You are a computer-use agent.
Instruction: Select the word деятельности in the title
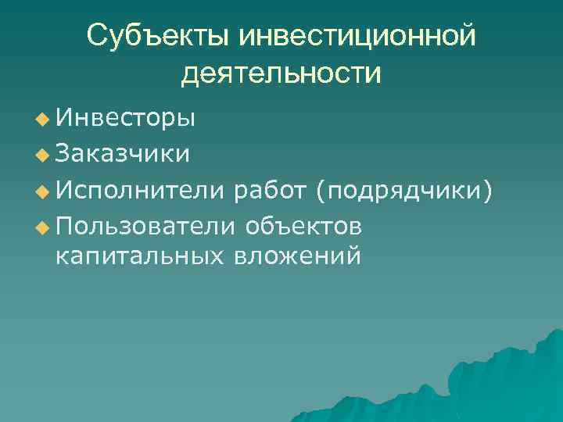click(281, 74)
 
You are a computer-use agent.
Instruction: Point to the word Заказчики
click(123, 152)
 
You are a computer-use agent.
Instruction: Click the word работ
click(274, 188)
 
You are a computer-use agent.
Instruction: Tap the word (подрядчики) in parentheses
click(405, 188)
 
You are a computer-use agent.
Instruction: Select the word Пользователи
click(145, 225)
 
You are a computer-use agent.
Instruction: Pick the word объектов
click(303, 225)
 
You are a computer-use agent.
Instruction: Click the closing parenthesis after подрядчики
click(488, 188)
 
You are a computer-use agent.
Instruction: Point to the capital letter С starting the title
click(97, 36)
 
